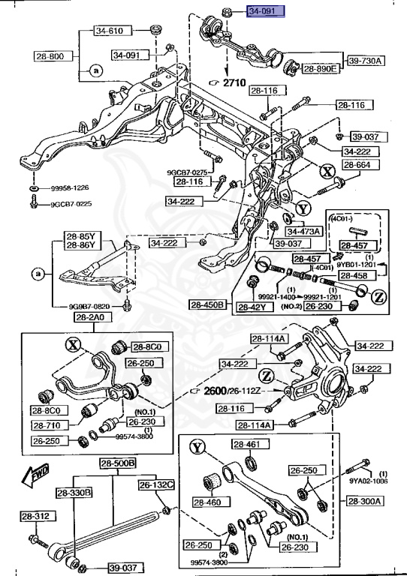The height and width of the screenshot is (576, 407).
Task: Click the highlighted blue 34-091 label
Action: point(267,12)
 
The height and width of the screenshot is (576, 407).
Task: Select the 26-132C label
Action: point(155,485)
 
